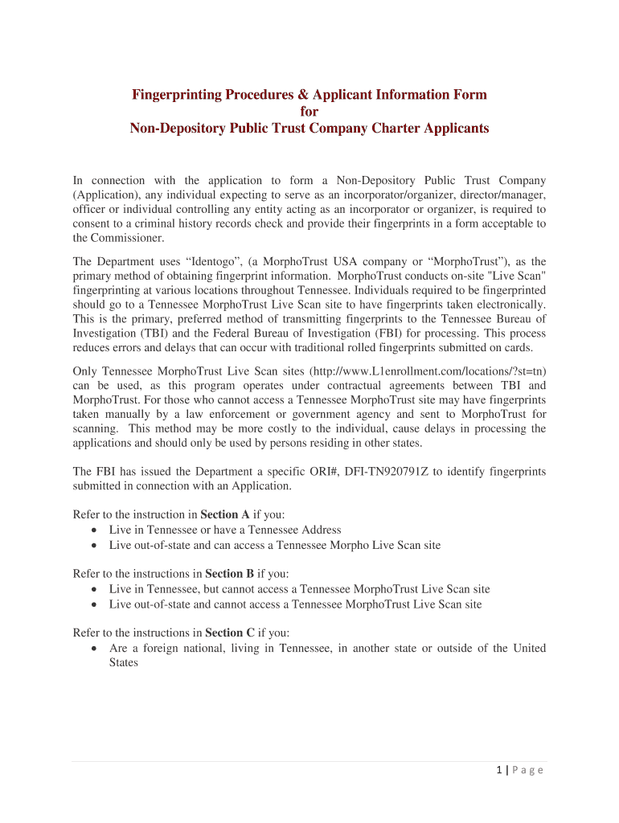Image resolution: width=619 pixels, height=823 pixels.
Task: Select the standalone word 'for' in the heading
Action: (309, 112)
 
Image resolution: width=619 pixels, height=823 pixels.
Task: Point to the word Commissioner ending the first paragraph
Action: (120, 238)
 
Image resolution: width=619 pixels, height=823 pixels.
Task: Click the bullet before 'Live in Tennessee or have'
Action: (96, 530)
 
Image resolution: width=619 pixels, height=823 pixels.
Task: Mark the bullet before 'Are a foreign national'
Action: (96, 649)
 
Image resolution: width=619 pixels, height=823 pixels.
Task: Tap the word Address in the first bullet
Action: (320, 530)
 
